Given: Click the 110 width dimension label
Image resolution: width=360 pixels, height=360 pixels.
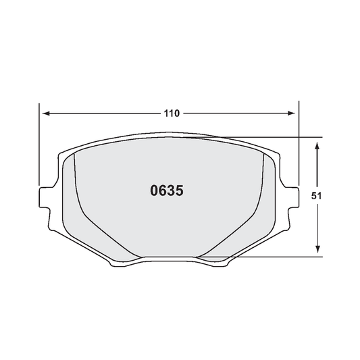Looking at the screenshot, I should tap(172, 113).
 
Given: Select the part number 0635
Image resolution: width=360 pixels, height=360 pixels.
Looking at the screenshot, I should tap(166, 190).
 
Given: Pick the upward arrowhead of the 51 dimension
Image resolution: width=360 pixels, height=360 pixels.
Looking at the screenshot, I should tap(317, 144).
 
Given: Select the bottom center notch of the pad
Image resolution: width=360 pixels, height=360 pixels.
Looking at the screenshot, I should tap(169, 259).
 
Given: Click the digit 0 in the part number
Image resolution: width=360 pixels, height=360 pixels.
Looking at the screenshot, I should tap(153, 190).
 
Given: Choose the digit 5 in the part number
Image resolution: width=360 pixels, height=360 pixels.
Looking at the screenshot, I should tap(179, 190).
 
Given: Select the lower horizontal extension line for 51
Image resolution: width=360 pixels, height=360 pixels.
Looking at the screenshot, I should tap(284, 257).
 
